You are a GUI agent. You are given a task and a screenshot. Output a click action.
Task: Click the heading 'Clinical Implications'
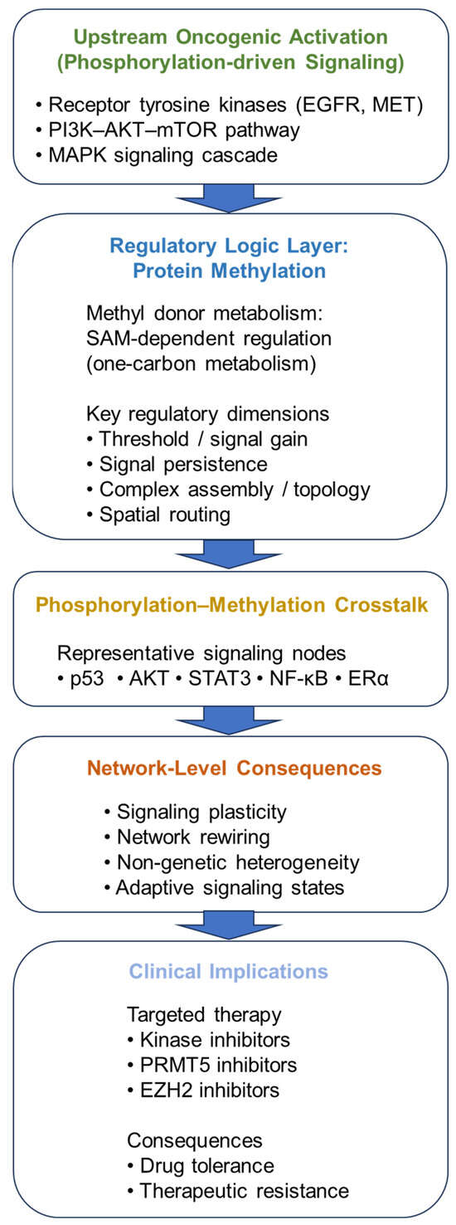pos(228,971)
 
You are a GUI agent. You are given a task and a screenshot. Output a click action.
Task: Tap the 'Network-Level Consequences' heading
pos(235,768)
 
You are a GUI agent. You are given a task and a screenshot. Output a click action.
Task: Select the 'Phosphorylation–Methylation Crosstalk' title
pos(231,605)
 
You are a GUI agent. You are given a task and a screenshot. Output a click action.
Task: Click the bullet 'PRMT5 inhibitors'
pos(212,1065)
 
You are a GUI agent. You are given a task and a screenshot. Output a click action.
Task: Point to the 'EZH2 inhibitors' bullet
pos(203,1090)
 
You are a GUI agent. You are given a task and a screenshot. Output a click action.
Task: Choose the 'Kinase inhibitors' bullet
pos(209,1040)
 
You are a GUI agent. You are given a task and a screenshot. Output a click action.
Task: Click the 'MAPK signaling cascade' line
pos(156,155)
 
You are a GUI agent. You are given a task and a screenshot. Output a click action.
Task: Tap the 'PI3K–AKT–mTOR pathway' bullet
pos(167,130)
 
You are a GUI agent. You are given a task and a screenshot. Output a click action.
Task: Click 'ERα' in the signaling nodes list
pos(362,679)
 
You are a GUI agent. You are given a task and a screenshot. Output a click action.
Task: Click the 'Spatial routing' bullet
pos(158,515)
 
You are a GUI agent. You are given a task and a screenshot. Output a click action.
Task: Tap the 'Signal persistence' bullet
pos(177,464)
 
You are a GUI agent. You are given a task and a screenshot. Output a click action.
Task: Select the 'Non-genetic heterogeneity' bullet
pos(232,862)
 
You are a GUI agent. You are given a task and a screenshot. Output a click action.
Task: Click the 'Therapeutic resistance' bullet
pos(238,1190)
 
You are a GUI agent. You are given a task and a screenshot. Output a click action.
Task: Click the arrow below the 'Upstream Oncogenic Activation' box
pos(228,198)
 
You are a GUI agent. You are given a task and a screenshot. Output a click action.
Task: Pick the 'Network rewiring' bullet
pos(187,837)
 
